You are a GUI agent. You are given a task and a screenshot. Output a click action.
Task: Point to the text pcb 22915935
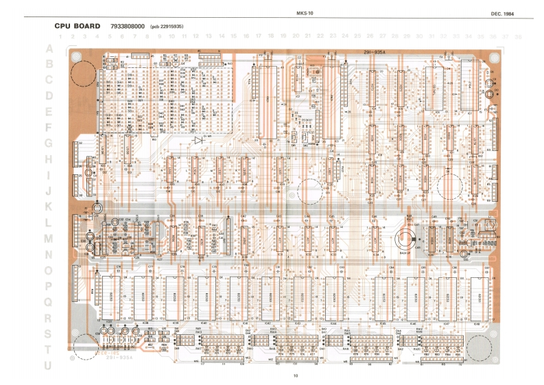coord(166,27)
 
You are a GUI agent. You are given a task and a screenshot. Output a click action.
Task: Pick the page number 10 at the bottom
coord(296,375)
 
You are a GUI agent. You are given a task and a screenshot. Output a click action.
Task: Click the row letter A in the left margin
coord(49,49)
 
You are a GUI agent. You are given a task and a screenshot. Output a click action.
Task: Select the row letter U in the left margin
coord(48,365)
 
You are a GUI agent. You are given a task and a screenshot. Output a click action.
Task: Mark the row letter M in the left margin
coord(48,239)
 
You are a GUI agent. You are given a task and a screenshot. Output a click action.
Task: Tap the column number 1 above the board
coord(61,36)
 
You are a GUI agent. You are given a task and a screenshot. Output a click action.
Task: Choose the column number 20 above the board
coord(296,36)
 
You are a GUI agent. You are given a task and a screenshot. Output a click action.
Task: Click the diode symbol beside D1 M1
coord(198,140)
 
